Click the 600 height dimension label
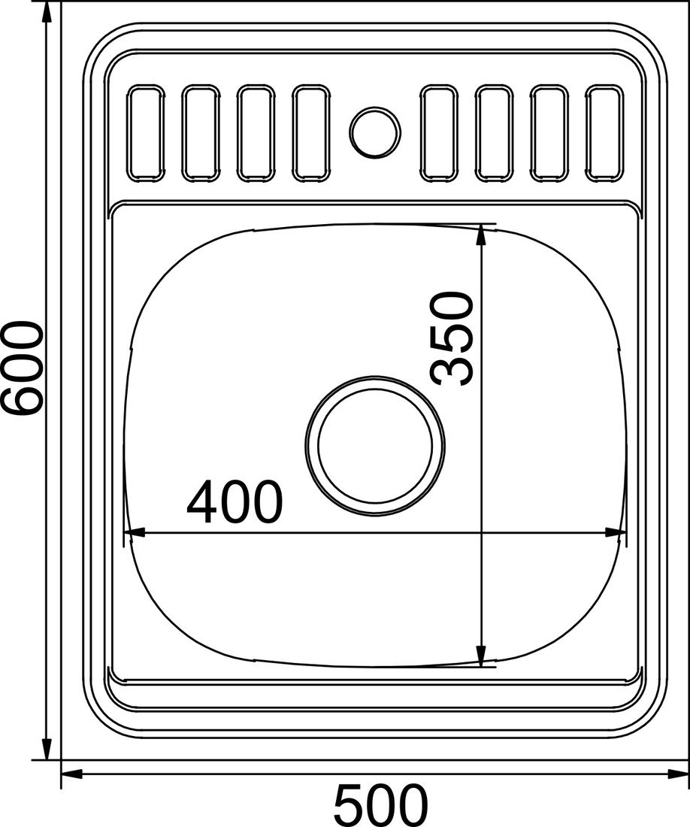22,368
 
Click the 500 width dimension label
380,805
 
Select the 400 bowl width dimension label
235,501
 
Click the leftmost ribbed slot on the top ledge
146,133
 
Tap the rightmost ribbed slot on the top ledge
604,133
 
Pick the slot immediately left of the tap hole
311,133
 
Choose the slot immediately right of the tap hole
438,133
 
